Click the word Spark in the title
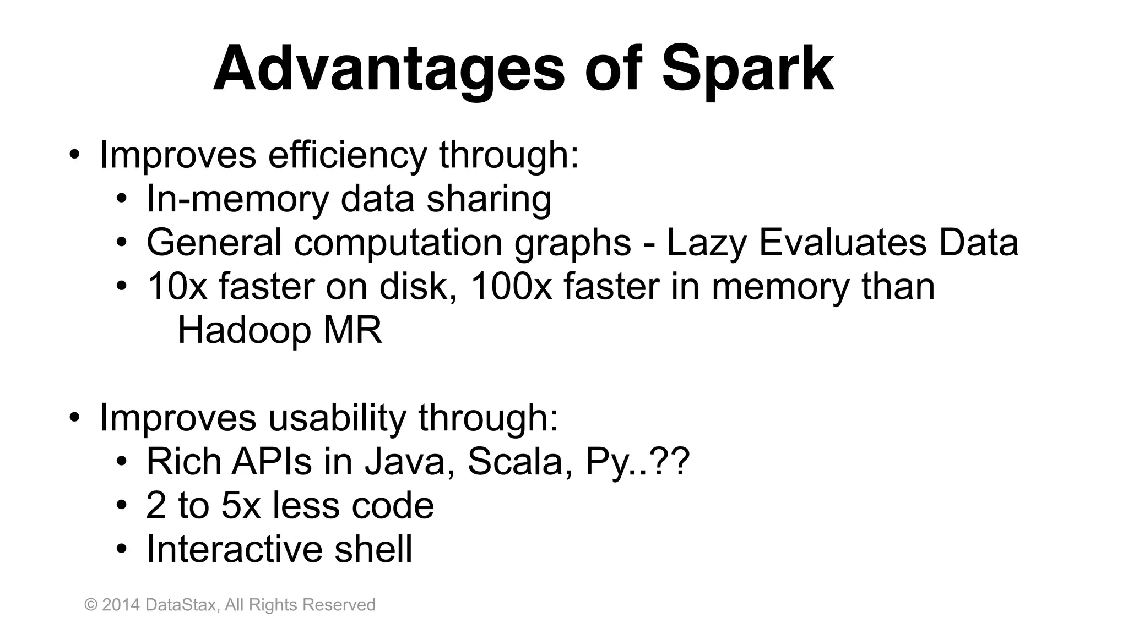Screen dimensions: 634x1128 (x=747, y=69)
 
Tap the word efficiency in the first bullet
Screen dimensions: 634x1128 (x=347, y=155)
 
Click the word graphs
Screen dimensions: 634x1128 (x=572, y=243)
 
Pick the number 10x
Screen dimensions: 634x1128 (x=177, y=286)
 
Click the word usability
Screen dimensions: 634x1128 (x=337, y=417)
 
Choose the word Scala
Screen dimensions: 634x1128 (x=516, y=461)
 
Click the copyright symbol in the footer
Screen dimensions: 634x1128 (x=91, y=605)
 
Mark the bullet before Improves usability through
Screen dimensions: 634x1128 (x=74, y=417)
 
